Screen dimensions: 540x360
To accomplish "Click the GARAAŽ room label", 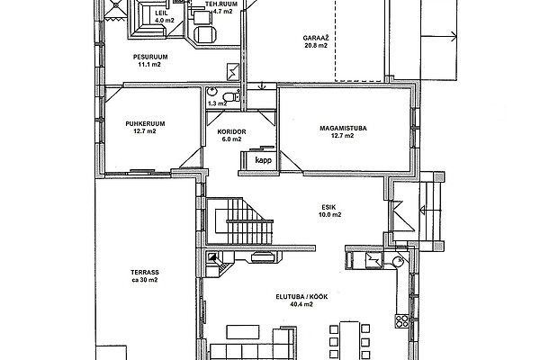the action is [316, 38].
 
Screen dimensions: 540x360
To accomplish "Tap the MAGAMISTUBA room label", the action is [343, 129].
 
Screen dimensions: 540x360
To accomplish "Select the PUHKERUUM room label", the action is [145, 123].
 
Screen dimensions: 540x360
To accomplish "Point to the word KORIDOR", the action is [232, 132].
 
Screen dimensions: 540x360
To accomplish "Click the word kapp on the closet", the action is [264, 160].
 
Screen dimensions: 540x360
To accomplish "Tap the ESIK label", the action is [328, 207].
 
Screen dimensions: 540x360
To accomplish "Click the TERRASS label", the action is [145, 273].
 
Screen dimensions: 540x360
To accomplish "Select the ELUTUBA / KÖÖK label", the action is [301, 297].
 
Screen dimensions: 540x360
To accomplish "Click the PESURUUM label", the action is [150, 58].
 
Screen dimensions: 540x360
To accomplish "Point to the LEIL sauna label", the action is [161, 13].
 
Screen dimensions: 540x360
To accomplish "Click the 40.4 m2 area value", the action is [301, 304].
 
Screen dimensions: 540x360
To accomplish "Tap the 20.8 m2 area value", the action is [316, 46].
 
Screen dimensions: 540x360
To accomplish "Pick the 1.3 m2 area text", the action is [217, 103].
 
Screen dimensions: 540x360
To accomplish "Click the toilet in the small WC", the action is [232, 96].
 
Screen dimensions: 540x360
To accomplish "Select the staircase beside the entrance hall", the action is [239, 220].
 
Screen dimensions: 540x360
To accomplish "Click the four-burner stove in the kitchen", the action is [401, 320].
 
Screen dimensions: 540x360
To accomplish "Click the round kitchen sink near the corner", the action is [399, 262].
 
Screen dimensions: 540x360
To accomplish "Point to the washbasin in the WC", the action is [211, 92].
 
